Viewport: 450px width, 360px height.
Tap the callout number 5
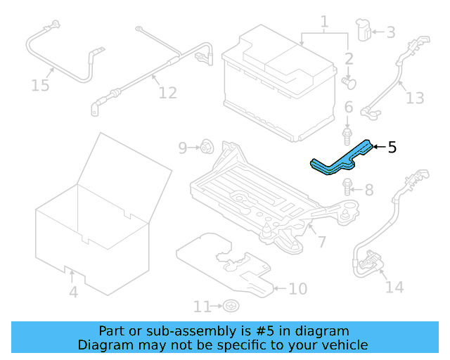point(392,147)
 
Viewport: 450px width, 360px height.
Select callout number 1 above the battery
point(324,22)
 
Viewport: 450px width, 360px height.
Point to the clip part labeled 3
point(364,31)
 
